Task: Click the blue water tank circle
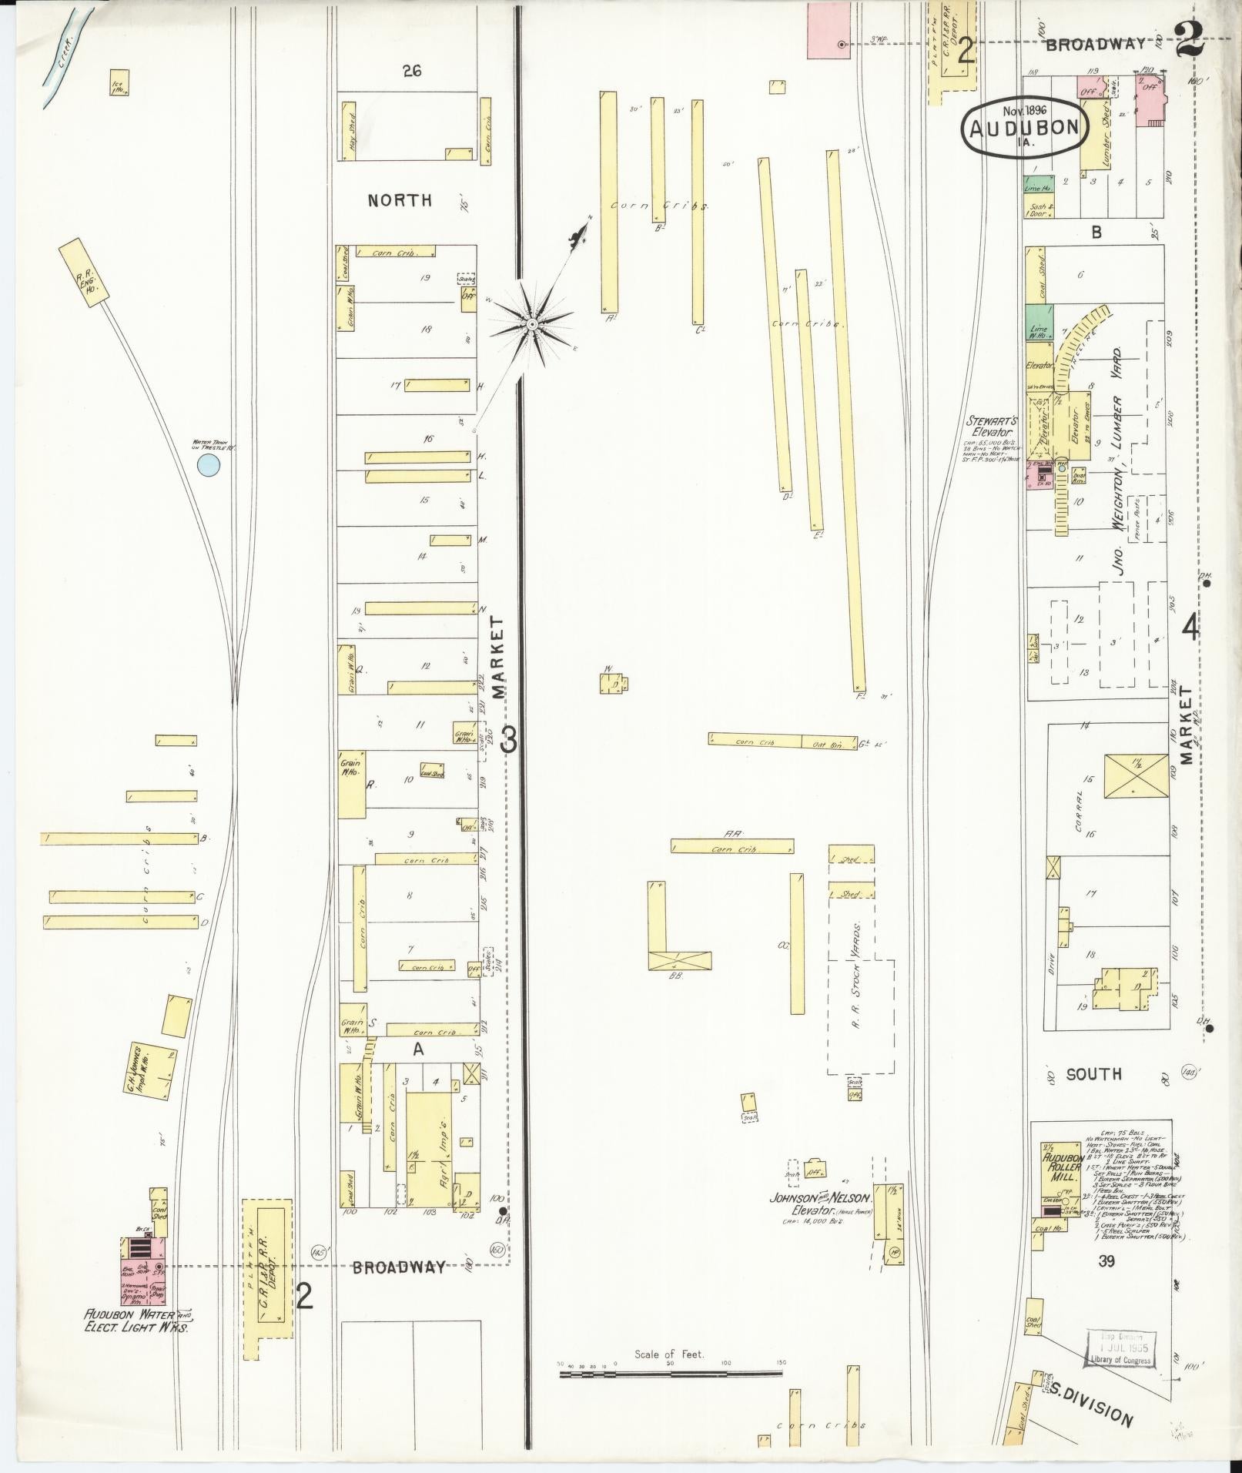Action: (x=208, y=464)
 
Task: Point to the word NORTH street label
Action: (x=400, y=201)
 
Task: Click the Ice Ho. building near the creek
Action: (x=119, y=82)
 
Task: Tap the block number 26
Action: (x=412, y=71)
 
